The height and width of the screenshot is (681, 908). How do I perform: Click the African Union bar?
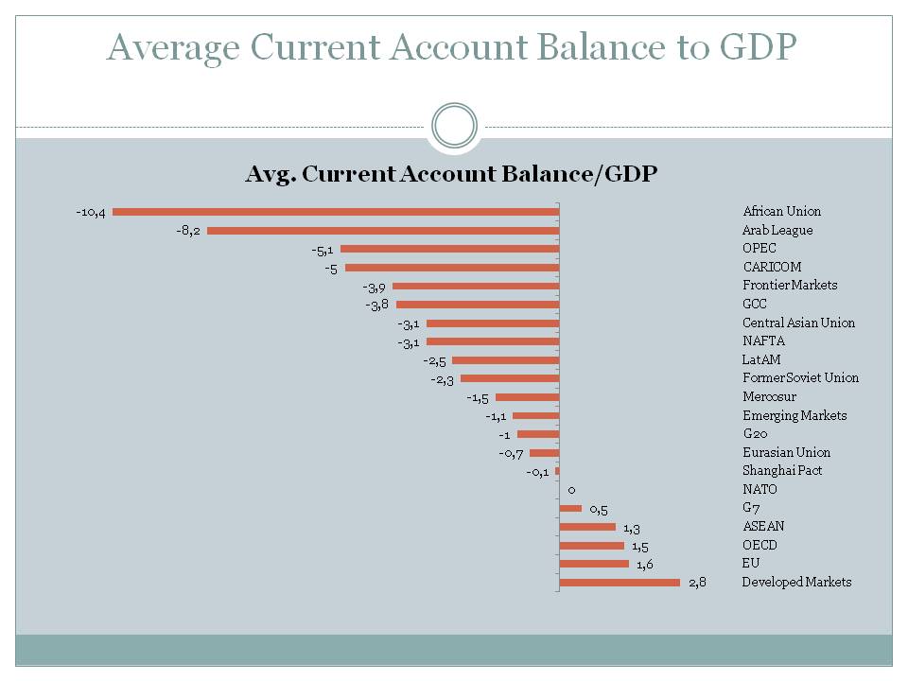[336, 212]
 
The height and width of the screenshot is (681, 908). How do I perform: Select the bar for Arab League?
[383, 231]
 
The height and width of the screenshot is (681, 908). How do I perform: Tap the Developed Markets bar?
[620, 583]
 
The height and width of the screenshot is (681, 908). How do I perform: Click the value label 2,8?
[697, 583]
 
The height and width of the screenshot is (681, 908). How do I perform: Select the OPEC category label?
[760, 249]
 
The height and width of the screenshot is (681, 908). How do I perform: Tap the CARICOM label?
[772, 267]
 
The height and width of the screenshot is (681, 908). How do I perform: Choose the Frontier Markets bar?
[476, 286]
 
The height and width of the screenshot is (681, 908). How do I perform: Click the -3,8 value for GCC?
[377, 305]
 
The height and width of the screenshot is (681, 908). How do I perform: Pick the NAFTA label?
[763, 340]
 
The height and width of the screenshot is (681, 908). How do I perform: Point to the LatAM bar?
[506, 360]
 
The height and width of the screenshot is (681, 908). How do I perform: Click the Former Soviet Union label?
[800, 378]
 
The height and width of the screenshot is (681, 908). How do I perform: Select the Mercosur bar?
[528, 397]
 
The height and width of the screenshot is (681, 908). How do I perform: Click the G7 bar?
[570, 509]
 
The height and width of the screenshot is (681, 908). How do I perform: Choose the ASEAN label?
[763, 527]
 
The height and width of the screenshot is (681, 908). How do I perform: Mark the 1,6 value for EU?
[645, 565]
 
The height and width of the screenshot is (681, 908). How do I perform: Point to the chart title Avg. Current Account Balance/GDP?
[451, 174]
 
